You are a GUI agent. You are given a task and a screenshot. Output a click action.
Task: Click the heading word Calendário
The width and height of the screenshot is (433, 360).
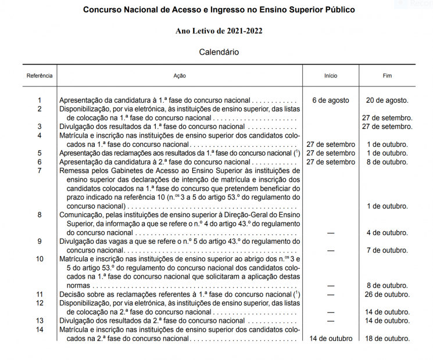(x=219, y=52)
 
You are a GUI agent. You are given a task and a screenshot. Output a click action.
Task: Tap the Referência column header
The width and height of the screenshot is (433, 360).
(x=40, y=76)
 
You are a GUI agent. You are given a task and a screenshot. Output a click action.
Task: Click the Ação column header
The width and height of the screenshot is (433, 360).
(x=180, y=76)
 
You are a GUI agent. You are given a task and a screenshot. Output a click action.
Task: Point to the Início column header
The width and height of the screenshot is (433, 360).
(x=330, y=76)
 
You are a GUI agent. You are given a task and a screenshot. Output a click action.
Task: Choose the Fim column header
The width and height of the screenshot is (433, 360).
(x=387, y=76)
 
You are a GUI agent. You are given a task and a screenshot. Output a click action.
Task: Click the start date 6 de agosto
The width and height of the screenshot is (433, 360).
(x=330, y=100)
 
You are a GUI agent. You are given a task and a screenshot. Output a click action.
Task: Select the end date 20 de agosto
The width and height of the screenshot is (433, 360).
(x=387, y=100)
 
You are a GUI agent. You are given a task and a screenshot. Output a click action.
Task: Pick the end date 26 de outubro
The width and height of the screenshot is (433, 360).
(x=387, y=294)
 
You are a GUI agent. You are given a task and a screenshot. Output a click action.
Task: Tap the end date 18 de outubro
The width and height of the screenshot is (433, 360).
(x=387, y=339)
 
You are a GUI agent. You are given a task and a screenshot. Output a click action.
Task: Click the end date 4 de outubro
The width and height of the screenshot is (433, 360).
(x=387, y=233)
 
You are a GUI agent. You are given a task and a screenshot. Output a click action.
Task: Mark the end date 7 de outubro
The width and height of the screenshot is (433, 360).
(x=387, y=250)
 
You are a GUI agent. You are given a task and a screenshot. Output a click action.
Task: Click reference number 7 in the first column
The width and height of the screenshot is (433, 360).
(x=40, y=171)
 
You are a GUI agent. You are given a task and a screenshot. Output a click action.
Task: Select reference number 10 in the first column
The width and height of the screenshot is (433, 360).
(x=40, y=259)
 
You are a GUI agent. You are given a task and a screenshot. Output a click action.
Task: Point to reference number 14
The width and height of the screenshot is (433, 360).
(x=40, y=330)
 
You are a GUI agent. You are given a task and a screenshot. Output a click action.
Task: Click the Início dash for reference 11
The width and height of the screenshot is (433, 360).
(x=330, y=294)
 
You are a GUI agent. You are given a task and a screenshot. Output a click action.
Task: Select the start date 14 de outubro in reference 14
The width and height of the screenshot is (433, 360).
(x=330, y=339)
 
